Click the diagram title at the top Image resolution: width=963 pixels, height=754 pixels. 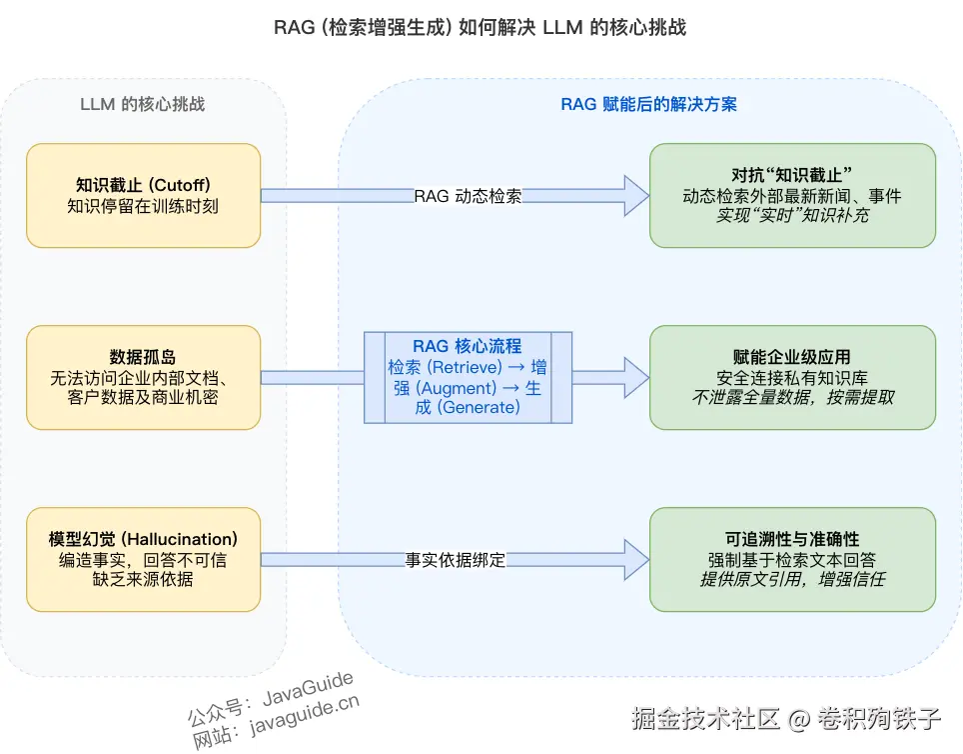tap(481, 27)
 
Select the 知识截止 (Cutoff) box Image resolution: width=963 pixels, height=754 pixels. tap(143, 195)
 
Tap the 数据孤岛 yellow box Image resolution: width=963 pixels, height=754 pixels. tap(143, 377)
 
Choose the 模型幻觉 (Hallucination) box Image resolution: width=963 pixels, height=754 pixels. tap(143, 559)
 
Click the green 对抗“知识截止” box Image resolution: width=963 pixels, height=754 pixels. tap(792, 195)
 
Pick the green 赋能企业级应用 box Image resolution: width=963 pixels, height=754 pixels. tap(792, 377)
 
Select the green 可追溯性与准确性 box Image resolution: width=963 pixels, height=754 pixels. tap(792, 559)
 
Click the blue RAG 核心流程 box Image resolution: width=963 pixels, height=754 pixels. tap(468, 377)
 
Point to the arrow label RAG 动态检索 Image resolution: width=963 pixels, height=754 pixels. tap(468, 196)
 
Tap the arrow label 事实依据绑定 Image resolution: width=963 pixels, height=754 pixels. tap(456, 560)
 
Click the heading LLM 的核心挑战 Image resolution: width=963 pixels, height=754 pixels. tap(143, 104)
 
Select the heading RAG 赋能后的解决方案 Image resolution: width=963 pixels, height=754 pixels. tap(649, 104)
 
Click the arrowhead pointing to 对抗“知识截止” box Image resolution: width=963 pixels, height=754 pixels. tap(635, 195)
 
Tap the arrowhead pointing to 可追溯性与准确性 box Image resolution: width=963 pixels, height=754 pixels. tap(635, 559)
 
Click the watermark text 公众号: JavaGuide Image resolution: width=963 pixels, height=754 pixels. tap(270, 697)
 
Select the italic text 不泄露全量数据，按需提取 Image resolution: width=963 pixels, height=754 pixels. tap(792, 397)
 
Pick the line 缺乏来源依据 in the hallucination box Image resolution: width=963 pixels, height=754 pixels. tap(143, 579)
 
